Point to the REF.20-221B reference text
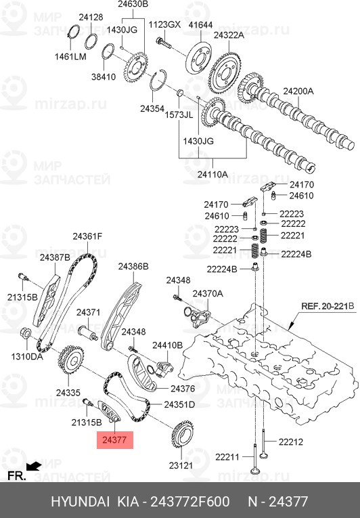click(328, 306)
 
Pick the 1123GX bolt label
click(165, 24)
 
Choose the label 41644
click(201, 24)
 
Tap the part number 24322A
click(229, 35)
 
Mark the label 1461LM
click(70, 56)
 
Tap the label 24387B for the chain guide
click(55, 257)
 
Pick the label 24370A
click(207, 294)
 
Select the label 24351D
click(179, 404)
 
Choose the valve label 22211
click(227, 457)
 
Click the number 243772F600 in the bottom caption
click(190, 502)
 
